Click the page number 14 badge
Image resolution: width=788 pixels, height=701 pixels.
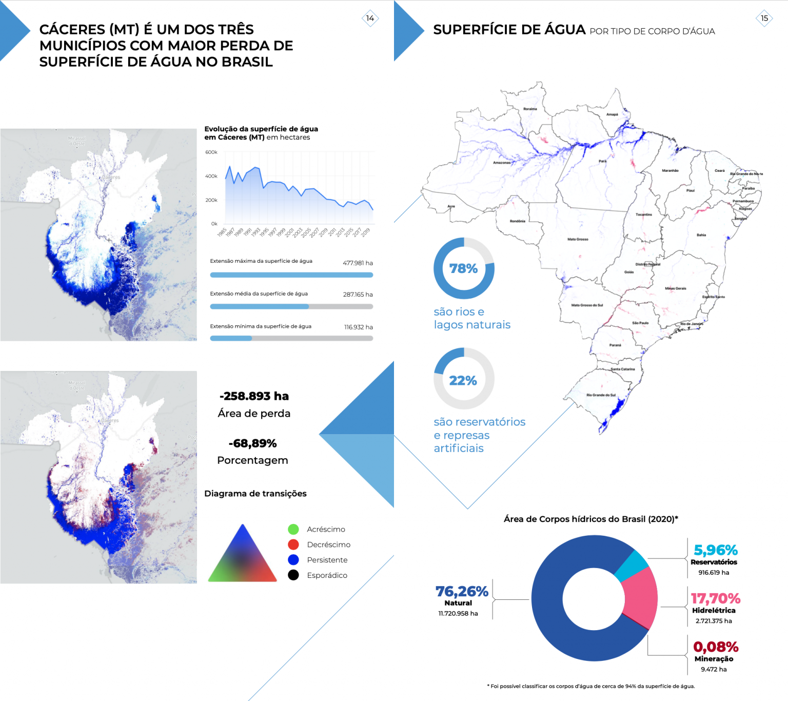coord(370,18)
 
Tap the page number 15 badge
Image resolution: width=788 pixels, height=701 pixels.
coord(764,18)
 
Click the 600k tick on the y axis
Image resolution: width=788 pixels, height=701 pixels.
coord(211,152)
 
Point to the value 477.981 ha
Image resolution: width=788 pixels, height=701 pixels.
coord(358,263)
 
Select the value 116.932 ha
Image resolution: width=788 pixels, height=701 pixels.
coord(358,327)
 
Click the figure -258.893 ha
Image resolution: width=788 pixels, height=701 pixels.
coord(254,396)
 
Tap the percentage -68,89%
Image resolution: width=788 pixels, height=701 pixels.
coord(252,443)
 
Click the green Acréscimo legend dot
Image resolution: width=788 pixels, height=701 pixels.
coord(293,529)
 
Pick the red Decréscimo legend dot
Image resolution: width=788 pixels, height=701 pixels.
coord(293,544)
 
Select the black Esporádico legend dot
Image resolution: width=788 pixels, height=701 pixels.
coord(293,575)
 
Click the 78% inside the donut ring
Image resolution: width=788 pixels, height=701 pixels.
coord(463,268)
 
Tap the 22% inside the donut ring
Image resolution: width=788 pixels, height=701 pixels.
coord(463,380)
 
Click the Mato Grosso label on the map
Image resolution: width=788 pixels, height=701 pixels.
coord(578,239)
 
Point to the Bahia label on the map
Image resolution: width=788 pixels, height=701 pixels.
coord(701,235)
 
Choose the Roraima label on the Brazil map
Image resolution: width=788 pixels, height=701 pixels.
coord(530,109)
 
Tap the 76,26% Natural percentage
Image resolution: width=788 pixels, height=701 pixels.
coord(462,592)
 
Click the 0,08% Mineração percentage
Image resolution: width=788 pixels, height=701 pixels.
coord(716,647)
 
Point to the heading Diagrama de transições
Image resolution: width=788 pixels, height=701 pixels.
coord(255,494)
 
